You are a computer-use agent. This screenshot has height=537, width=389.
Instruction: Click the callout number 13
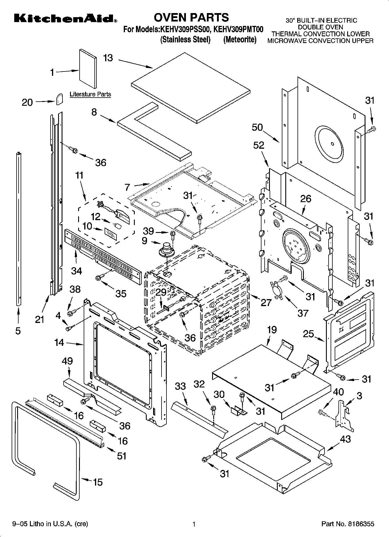pyautogui.click(x=108, y=58)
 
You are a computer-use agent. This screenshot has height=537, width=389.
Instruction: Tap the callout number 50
pyautogui.click(x=257, y=127)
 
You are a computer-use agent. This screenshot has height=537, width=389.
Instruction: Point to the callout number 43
pyautogui.click(x=345, y=439)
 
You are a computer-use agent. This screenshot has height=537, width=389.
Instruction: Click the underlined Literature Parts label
pyautogui.click(x=90, y=94)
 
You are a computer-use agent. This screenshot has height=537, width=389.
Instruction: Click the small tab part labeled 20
pyautogui.click(x=59, y=99)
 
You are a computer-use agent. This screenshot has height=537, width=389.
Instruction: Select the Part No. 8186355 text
pyautogui.click(x=347, y=524)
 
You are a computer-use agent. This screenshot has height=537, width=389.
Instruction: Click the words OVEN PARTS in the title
pyautogui.click(x=191, y=18)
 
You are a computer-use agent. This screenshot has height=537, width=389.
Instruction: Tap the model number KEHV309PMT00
pyautogui.click(x=238, y=30)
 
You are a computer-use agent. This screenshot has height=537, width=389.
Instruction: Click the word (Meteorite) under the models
pyautogui.click(x=240, y=39)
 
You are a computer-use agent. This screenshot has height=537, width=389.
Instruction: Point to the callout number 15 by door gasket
pyautogui.click(x=98, y=482)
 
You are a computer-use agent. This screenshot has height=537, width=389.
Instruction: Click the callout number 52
pyautogui.click(x=259, y=145)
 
